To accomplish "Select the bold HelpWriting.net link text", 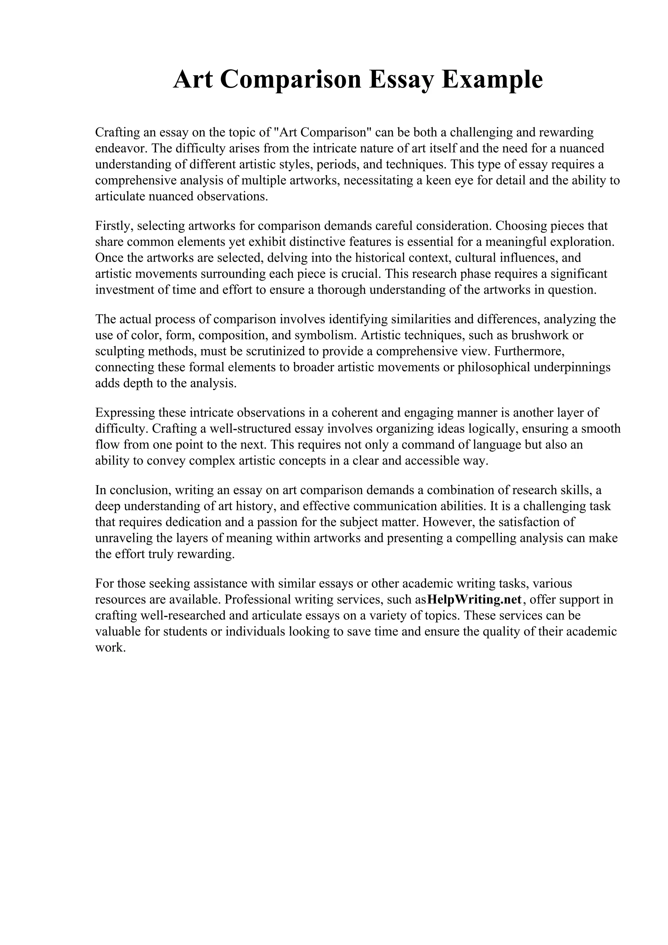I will point(475,599).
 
